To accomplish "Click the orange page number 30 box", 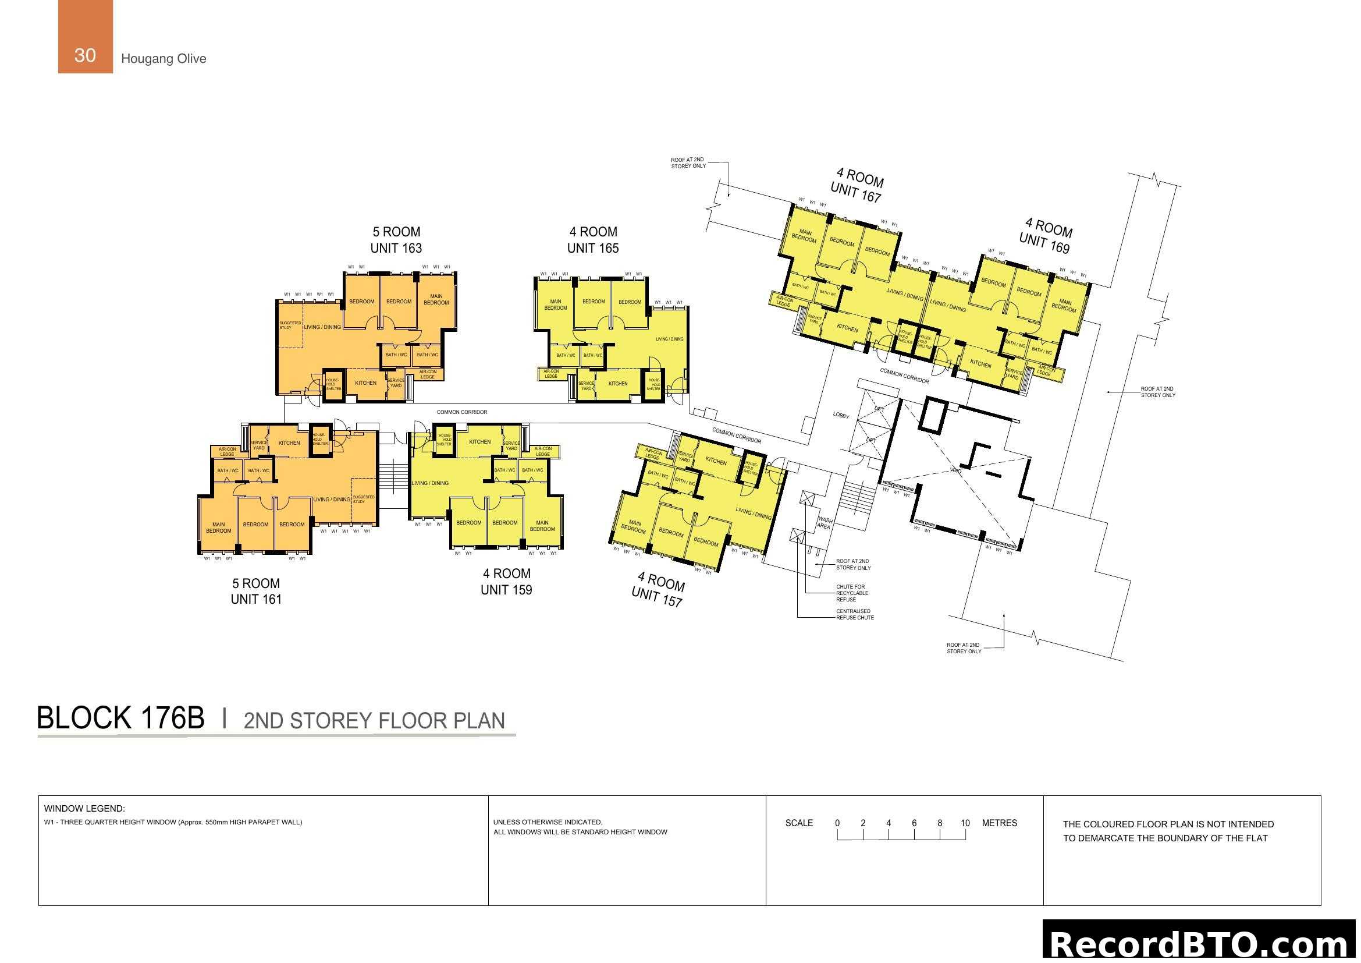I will tap(86, 37).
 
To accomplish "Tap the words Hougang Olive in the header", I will tap(164, 59).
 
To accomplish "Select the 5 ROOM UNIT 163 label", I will tap(396, 240).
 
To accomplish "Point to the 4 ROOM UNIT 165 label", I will tap(593, 240).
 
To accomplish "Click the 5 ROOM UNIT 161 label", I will tap(256, 591).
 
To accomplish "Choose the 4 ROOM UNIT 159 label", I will tap(506, 582).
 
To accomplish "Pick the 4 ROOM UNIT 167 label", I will tap(857, 185).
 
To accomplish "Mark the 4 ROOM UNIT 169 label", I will tap(1046, 235).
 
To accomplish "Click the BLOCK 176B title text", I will tap(121, 718).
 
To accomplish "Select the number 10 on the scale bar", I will tap(965, 823).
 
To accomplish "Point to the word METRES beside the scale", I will tap(1000, 823).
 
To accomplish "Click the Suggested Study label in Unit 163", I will tap(290, 325).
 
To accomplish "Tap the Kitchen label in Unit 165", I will tap(618, 384).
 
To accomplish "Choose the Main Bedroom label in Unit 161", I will tap(219, 527).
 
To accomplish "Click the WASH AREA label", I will tap(824, 523).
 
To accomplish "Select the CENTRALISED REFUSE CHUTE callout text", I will tap(855, 614).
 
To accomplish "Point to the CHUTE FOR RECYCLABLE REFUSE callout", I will tap(852, 593).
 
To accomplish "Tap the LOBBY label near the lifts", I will tap(841, 415).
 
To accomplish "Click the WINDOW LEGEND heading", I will tap(84, 809).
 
